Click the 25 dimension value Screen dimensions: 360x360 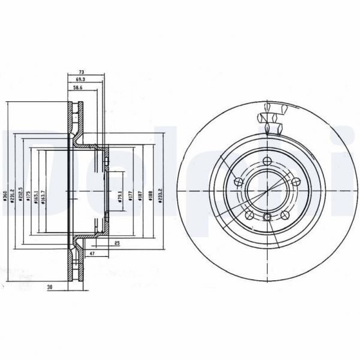click(117, 243)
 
